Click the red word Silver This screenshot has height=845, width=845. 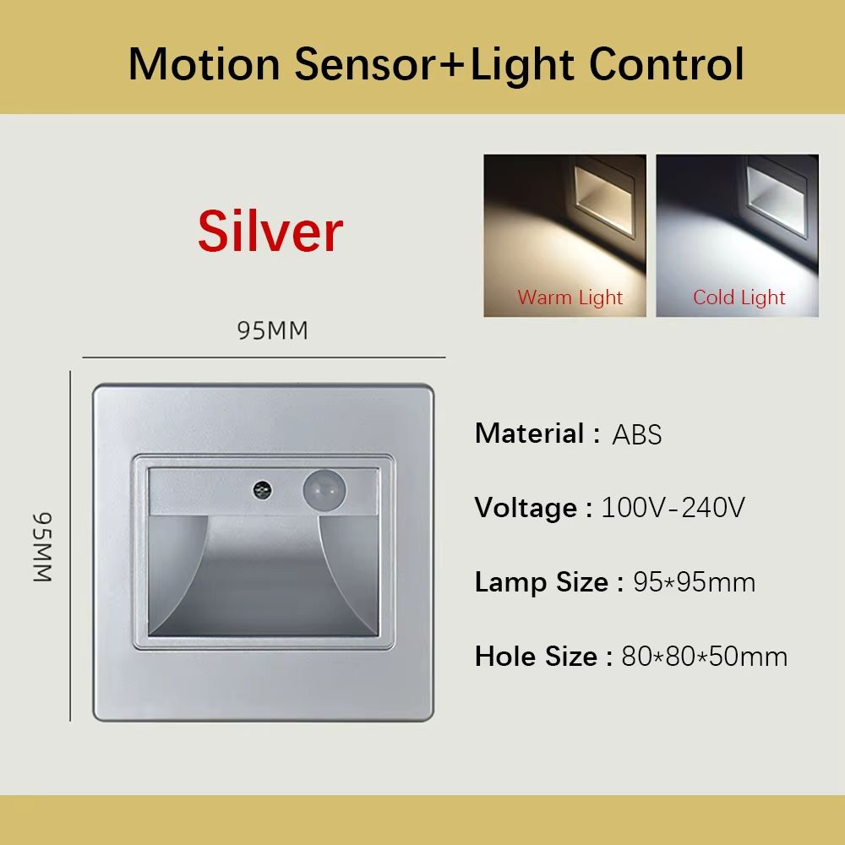(x=270, y=231)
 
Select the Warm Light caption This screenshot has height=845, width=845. (x=570, y=297)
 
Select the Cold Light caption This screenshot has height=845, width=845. (x=739, y=297)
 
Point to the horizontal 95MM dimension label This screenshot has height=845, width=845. (x=272, y=331)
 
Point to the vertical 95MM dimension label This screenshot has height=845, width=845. (x=43, y=547)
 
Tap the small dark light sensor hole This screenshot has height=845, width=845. (x=261, y=489)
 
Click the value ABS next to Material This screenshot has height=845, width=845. (x=636, y=435)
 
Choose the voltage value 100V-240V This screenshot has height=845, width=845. (x=673, y=509)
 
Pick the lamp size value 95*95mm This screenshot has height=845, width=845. (x=694, y=582)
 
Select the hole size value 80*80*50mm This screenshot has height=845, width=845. (x=704, y=657)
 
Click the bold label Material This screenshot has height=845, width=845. (x=530, y=433)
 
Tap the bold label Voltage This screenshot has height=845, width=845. (x=526, y=509)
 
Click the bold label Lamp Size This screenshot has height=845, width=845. (x=542, y=582)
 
